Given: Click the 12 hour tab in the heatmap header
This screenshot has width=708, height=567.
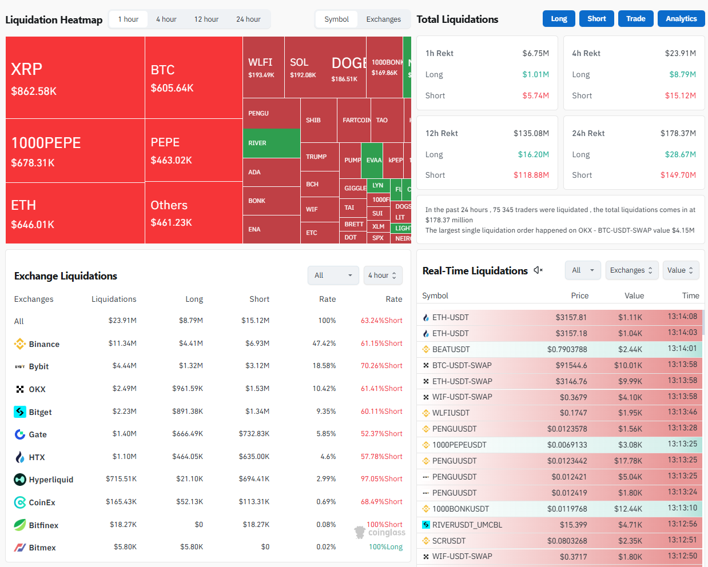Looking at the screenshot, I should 206,19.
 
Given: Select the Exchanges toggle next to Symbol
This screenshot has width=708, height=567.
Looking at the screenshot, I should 383,19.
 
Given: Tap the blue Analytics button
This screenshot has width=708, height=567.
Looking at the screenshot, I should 681,19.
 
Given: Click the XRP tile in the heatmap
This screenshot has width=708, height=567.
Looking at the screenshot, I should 74,78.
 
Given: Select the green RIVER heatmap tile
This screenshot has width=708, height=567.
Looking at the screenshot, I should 271,143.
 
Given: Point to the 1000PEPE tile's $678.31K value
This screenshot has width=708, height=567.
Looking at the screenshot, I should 33,163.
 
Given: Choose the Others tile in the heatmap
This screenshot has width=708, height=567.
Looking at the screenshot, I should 193,213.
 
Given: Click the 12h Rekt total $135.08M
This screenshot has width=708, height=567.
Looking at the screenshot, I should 531,133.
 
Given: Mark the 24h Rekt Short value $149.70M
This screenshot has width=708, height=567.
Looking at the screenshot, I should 678,175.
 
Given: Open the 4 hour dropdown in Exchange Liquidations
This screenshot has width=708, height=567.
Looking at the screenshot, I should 383,275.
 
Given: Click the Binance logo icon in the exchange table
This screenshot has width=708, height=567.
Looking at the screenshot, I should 20,344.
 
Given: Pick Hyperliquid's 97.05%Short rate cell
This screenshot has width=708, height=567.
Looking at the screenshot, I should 381,479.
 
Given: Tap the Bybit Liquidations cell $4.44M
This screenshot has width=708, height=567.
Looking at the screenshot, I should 124,366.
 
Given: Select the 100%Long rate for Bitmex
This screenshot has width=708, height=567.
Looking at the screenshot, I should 385,547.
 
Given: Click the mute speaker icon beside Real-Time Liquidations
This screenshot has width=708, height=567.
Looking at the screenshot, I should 538,270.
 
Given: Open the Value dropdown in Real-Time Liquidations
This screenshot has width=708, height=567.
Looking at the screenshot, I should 680,270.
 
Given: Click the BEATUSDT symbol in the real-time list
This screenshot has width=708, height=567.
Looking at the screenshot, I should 451,349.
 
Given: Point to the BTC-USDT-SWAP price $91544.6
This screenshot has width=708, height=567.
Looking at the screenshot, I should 571,365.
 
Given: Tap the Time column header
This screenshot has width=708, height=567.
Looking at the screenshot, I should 690,296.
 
